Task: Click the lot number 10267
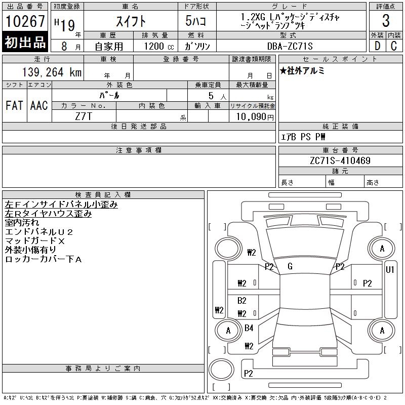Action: pyautogui.click(x=25, y=22)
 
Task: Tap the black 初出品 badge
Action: pyautogui.click(x=25, y=43)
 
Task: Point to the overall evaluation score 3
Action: pyautogui.click(x=386, y=21)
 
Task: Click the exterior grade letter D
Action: pyautogui.click(x=377, y=46)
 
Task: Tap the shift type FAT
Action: pyautogui.click(x=14, y=105)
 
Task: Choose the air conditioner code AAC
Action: pyautogui.click(x=39, y=105)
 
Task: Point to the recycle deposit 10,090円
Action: pyautogui.click(x=253, y=117)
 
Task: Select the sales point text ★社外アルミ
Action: pyautogui.click(x=302, y=71)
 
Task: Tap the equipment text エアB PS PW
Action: pyautogui.click(x=303, y=137)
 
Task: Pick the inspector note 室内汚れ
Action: pyautogui.click(x=22, y=223)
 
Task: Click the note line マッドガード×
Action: pyautogui.click(x=35, y=241)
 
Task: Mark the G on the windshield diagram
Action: pyautogui.click(x=290, y=266)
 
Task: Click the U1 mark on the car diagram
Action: pyautogui.click(x=390, y=270)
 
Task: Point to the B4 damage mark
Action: pyautogui.click(x=249, y=328)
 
